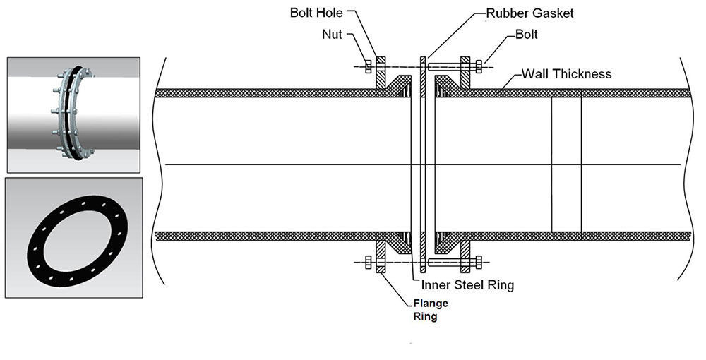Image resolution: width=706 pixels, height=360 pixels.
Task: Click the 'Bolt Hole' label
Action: tap(316, 12)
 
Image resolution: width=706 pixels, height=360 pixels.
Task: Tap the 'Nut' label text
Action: tap(332, 34)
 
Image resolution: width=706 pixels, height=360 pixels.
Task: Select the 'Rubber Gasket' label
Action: tap(530, 13)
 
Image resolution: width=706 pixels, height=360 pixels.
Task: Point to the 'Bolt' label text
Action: tap(527, 34)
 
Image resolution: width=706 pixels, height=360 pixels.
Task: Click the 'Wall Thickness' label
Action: tap(566, 73)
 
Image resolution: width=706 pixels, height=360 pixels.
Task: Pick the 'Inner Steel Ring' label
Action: tap(467, 284)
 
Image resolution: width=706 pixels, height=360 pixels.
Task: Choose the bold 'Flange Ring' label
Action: tap(431, 310)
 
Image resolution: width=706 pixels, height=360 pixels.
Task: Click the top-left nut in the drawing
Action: tap(369, 66)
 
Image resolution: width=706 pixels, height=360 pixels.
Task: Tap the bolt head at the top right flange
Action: tap(478, 66)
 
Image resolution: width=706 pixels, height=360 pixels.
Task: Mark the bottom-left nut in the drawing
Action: tap(369, 262)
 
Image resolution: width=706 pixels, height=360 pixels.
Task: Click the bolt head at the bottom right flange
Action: tap(478, 262)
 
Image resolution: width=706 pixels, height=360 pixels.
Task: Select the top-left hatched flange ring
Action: tap(381, 73)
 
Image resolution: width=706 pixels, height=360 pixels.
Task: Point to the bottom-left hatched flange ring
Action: tap(381, 256)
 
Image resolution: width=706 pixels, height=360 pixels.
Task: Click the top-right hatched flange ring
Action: tap(465, 73)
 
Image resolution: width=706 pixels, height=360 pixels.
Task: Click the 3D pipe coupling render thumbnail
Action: tap(73, 115)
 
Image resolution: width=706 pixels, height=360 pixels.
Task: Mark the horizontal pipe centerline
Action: tap(423, 164)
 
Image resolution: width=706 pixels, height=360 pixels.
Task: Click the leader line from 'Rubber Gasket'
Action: tap(455, 35)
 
